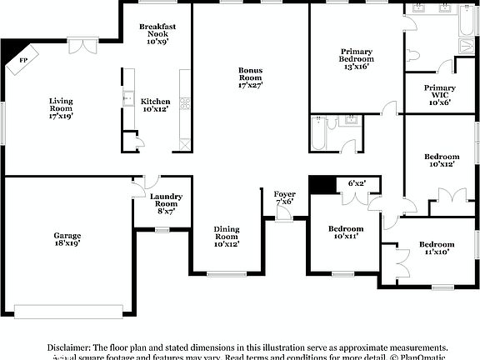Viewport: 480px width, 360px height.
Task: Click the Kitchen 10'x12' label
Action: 156,105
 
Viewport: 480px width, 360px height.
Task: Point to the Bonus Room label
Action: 250,77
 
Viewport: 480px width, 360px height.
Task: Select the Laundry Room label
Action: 165,204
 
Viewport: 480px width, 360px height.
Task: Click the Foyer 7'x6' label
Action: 284,197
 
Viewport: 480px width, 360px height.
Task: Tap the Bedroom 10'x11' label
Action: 345,232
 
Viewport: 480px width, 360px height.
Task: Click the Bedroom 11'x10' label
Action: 437,247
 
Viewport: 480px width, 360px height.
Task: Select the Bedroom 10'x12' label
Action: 441,160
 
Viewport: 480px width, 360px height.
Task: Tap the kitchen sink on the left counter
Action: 127,99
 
